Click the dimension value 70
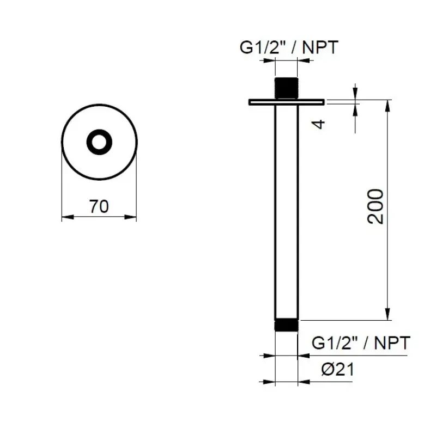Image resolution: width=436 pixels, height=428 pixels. (x=99, y=207)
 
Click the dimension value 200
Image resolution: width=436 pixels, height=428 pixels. (x=376, y=206)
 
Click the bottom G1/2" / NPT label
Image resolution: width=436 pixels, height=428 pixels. (x=361, y=343)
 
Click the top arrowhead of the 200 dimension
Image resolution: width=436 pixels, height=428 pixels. (x=388, y=106)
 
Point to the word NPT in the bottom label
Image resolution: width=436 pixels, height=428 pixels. (x=391, y=343)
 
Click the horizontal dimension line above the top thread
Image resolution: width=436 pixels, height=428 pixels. (x=286, y=62)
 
